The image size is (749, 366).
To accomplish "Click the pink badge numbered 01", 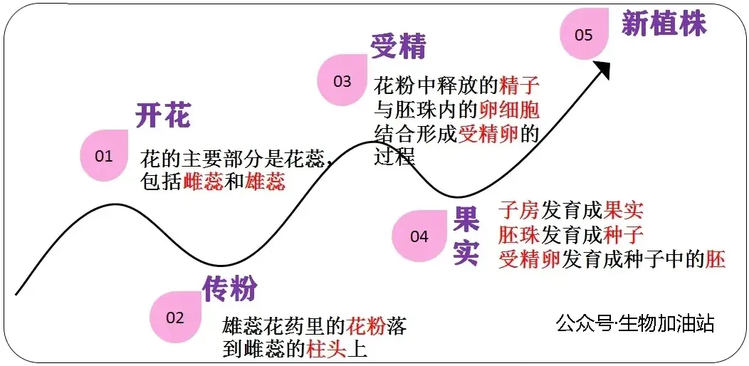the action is [x=104, y=155].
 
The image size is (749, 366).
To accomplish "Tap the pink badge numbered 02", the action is [x=175, y=318].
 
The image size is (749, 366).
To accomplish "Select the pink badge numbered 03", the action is [x=342, y=81].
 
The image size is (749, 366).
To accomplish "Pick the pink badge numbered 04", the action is [x=419, y=236].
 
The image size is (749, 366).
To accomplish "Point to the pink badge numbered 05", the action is [x=584, y=34].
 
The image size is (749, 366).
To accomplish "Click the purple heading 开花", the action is [x=163, y=115].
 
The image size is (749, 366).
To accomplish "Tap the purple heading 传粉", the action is [x=229, y=288].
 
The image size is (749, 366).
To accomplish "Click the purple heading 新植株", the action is [x=664, y=23].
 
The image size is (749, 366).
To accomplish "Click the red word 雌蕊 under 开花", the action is [x=203, y=182].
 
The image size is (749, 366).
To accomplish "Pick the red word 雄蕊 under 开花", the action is [x=265, y=182].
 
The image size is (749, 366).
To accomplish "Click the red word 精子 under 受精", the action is [x=520, y=87].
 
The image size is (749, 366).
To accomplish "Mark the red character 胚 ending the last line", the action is [x=716, y=259].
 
